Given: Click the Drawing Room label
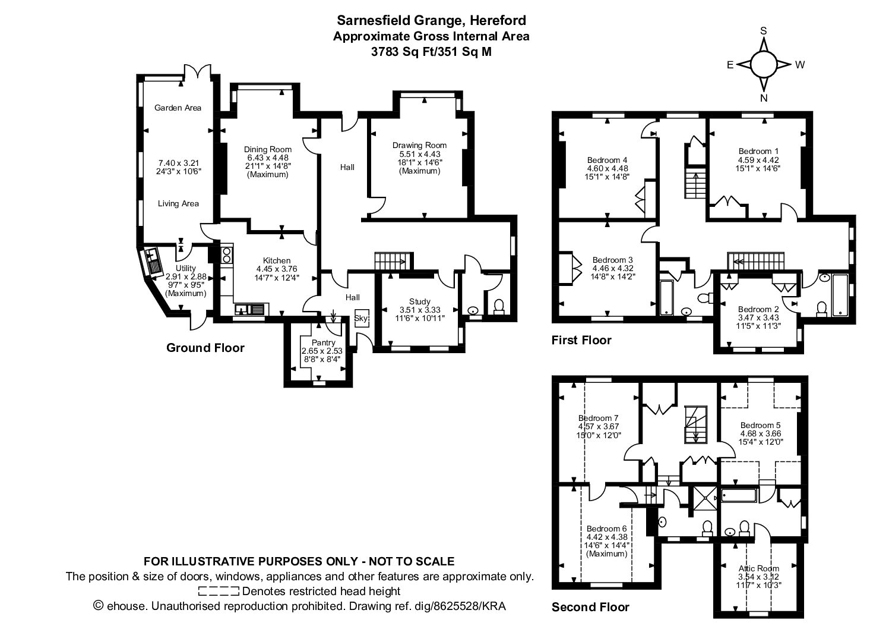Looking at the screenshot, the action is pos(419,146).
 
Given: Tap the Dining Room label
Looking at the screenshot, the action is pos(267,149).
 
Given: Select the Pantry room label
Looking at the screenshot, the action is pos(324,342).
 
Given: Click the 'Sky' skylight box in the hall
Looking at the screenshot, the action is pos(362,318).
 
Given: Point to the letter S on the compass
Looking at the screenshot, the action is pos(763,31).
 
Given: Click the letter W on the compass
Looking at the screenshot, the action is pos(800,65).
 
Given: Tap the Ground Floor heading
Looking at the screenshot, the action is pos(205,348).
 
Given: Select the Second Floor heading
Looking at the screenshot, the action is pos(590,607).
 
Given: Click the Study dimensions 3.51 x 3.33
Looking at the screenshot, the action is pos(420,310).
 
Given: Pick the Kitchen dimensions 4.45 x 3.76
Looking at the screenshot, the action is pos(277,269).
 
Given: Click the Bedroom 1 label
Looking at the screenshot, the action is pos(758,152).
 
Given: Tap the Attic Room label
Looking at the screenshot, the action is pos(759,568).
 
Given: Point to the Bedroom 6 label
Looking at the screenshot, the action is pos(606,529).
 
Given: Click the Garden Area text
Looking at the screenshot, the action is pos(178,108).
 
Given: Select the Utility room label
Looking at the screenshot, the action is pos(186,268).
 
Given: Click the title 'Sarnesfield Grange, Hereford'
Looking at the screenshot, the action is pos(431,20).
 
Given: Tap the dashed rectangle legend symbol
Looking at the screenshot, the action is pos(219,592).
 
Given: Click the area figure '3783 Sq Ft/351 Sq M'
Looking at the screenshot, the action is pos(431,52).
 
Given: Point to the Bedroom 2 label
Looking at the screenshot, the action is pos(758,309).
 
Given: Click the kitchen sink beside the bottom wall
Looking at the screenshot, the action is pos(249,309).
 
